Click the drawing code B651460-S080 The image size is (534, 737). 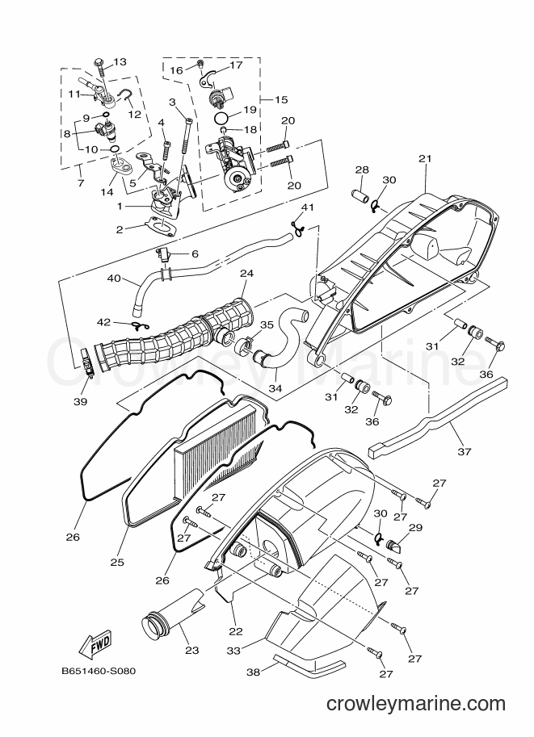pyautogui.click(x=99, y=671)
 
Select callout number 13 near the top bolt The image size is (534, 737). pyautogui.click(x=120, y=61)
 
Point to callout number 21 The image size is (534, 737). pyautogui.click(x=425, y=158)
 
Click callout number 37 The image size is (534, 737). pyautogui.click(x=464, y=452)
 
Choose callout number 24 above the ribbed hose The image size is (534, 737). pyautogui.click(x=247, y=273)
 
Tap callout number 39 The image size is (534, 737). pyautogui.click(x=81, y=401)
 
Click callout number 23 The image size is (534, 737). pyautogui.click(x=192, y=650)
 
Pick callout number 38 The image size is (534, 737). pyautogui.click(x=253, y=672)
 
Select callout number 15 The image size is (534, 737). pyautogui.click(x=281, y=99)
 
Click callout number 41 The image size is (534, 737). pyautogui.click(x=307, y=207)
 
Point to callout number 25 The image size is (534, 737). pyautogui.click(x=117, y=562)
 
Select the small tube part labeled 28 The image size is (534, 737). pyautogui.click(x=361, y=194)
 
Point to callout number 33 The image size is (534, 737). pyautogui.click(x=233, y=651)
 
